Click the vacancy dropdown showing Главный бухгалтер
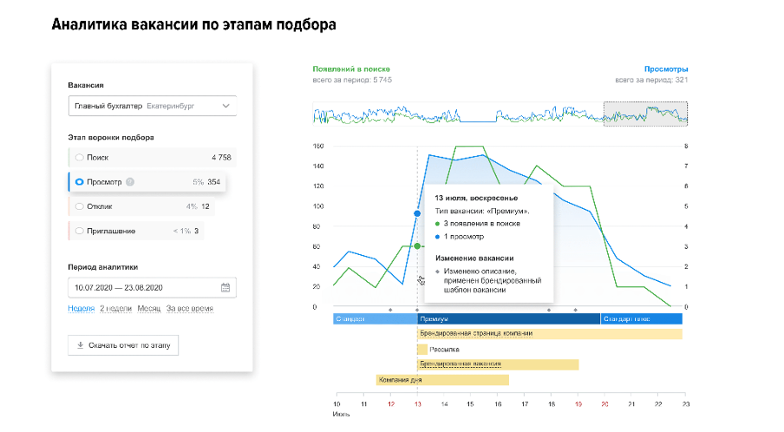click(x=152, y=106)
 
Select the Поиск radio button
click(x=80, y=158)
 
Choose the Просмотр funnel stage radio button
click(x=80, y=182)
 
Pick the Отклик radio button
click(x=80, y=206)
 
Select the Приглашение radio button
click(x=80, y=231)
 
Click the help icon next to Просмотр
click(x=130, y=182)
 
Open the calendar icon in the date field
click(x=225, y=288)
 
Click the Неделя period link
click(x=81, y=308)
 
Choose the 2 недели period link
click(x=116, y=308)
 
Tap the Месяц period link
click(x=148, y=308)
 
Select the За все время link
click(x=190, y=308)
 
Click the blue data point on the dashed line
click(x=417, y=213)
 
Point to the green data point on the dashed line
click(x=417, y=246)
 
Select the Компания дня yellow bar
click(x=442, y=380)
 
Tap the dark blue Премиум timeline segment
click(x=508, y=318)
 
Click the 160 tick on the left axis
click(x=317, y=147)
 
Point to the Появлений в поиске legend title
click(x=351, y=68)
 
